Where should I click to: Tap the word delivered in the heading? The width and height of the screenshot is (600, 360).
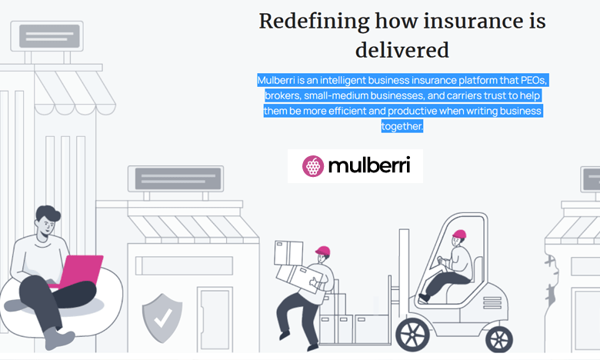click(402, 50)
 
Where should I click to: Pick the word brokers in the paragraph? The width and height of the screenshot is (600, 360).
click(282, 95)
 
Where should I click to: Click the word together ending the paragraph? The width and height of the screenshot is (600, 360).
click(402, 126)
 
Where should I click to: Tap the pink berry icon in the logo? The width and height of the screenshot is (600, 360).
click(312, 165)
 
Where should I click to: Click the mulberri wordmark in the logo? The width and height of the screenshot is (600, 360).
click(369, 165)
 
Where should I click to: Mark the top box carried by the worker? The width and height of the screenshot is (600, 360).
click(288, 252)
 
